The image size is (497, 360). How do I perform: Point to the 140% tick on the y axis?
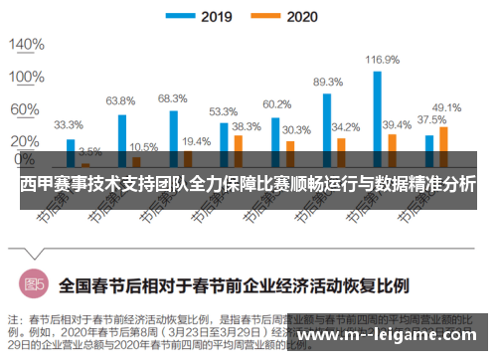[25, 46]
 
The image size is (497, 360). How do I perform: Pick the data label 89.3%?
[327, 83]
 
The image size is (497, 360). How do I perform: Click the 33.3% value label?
[69, 126]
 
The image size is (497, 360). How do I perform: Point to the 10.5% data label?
[143, 146]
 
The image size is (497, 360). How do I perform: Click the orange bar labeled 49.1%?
[443, 144]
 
